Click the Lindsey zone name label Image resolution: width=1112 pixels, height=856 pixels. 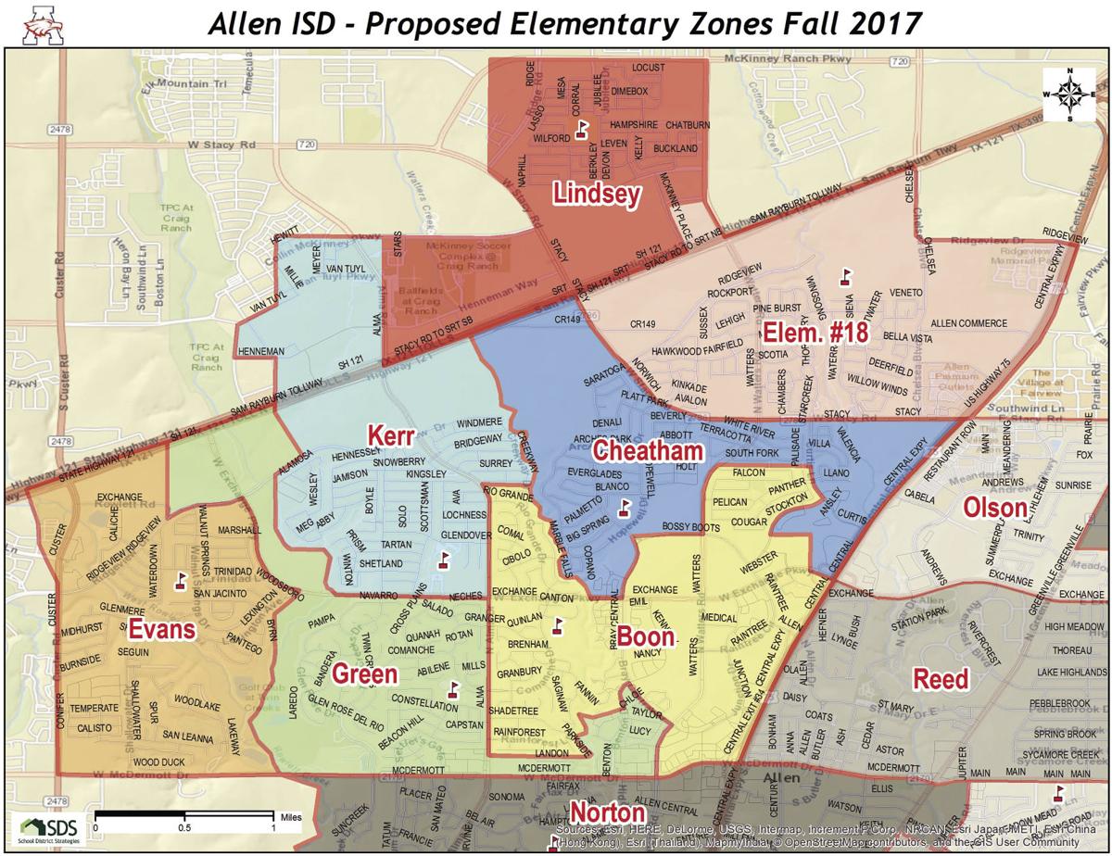[x=597, y=194]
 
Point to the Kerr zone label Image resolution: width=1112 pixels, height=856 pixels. [x=389, y=434]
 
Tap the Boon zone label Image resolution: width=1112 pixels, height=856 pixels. [x=645, y=638]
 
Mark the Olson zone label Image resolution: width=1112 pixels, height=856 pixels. [x=995, y=508]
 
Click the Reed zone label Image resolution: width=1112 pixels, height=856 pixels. [x=941, y=679]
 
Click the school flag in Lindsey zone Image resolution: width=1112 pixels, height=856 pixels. [x=583, y=128]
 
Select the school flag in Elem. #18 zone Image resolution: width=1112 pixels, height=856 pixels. [x=844, y=276]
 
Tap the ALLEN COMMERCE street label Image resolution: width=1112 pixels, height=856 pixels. [x=967, y=323]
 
